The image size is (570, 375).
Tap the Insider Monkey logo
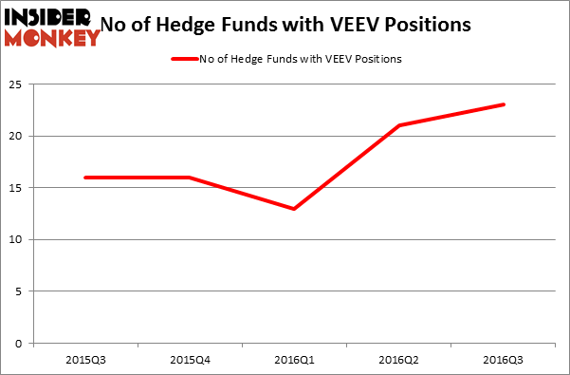point(52,27)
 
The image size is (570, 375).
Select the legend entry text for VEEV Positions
point(301,59)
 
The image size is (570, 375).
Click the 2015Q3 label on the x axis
point(85,361)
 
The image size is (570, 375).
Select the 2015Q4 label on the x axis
point(190,361)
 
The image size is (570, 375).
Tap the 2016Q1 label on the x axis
point(294,361)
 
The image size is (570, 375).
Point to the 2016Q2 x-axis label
point(399,361)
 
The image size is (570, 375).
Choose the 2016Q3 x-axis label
point(504,361)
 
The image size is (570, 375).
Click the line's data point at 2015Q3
point(85,178)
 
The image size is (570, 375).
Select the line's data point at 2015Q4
point(190,178)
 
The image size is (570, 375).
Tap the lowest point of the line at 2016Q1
point(294,209)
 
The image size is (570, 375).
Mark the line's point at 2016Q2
point(399,125)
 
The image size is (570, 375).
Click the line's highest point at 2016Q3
point(504,104)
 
